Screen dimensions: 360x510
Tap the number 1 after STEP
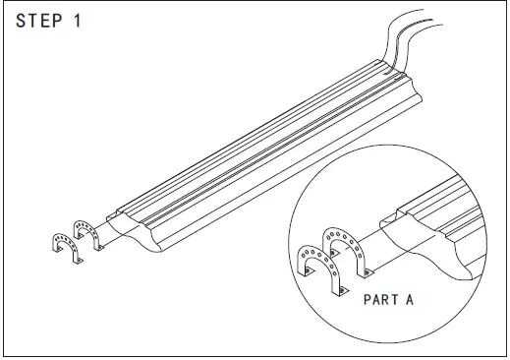(x=76, y=23)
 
